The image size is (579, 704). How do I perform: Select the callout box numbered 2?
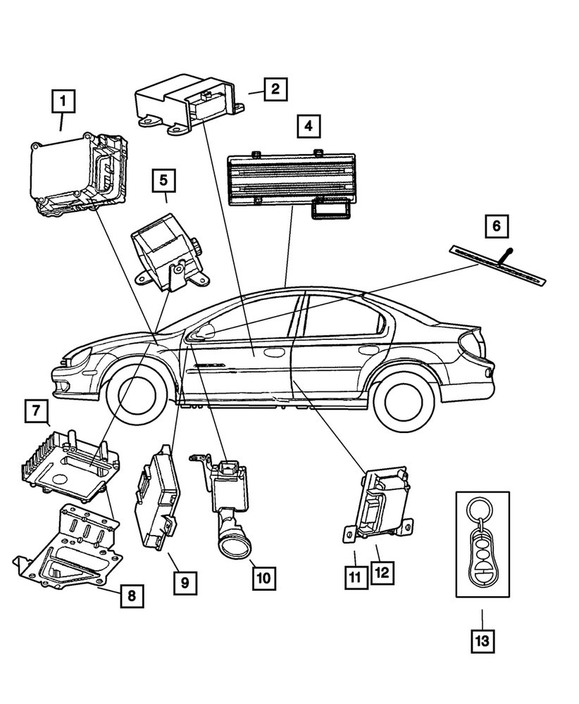point(275,89)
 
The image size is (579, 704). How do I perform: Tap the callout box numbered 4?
point(307,127)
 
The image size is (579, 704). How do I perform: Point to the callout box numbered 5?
point(163,180)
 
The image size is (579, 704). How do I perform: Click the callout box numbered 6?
point(497,226)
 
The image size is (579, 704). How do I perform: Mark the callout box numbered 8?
point(132,596)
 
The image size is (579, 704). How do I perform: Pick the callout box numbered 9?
point(184,582)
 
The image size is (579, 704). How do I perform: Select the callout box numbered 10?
point(263,578)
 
